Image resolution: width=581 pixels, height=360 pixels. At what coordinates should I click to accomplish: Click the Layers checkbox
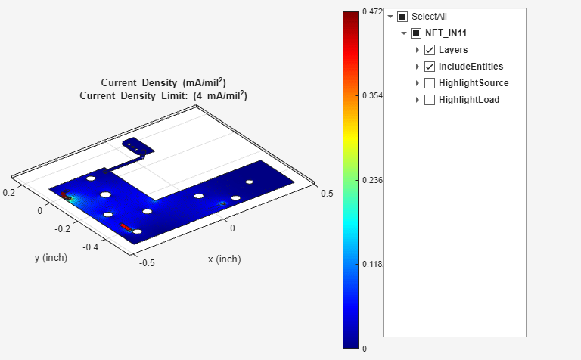pos(430,50)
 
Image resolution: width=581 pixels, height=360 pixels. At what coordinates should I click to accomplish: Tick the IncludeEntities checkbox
pos(430,67)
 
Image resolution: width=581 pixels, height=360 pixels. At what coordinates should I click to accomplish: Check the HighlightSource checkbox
pos(430,83)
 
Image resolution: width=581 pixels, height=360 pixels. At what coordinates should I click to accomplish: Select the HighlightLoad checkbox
pos(430,100)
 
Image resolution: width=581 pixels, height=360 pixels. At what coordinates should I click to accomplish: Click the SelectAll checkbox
pos(402,17)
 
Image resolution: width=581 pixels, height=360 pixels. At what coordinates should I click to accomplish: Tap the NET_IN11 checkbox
pos(416,33)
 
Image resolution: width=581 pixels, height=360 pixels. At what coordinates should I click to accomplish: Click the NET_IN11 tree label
pos(446,33)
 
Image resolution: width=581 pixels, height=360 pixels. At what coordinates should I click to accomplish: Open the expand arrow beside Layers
pos(418,50)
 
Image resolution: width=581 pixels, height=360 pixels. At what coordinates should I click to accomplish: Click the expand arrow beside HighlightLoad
pos(418,100)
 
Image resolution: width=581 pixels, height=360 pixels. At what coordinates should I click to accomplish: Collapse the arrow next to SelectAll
pos(390,17)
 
